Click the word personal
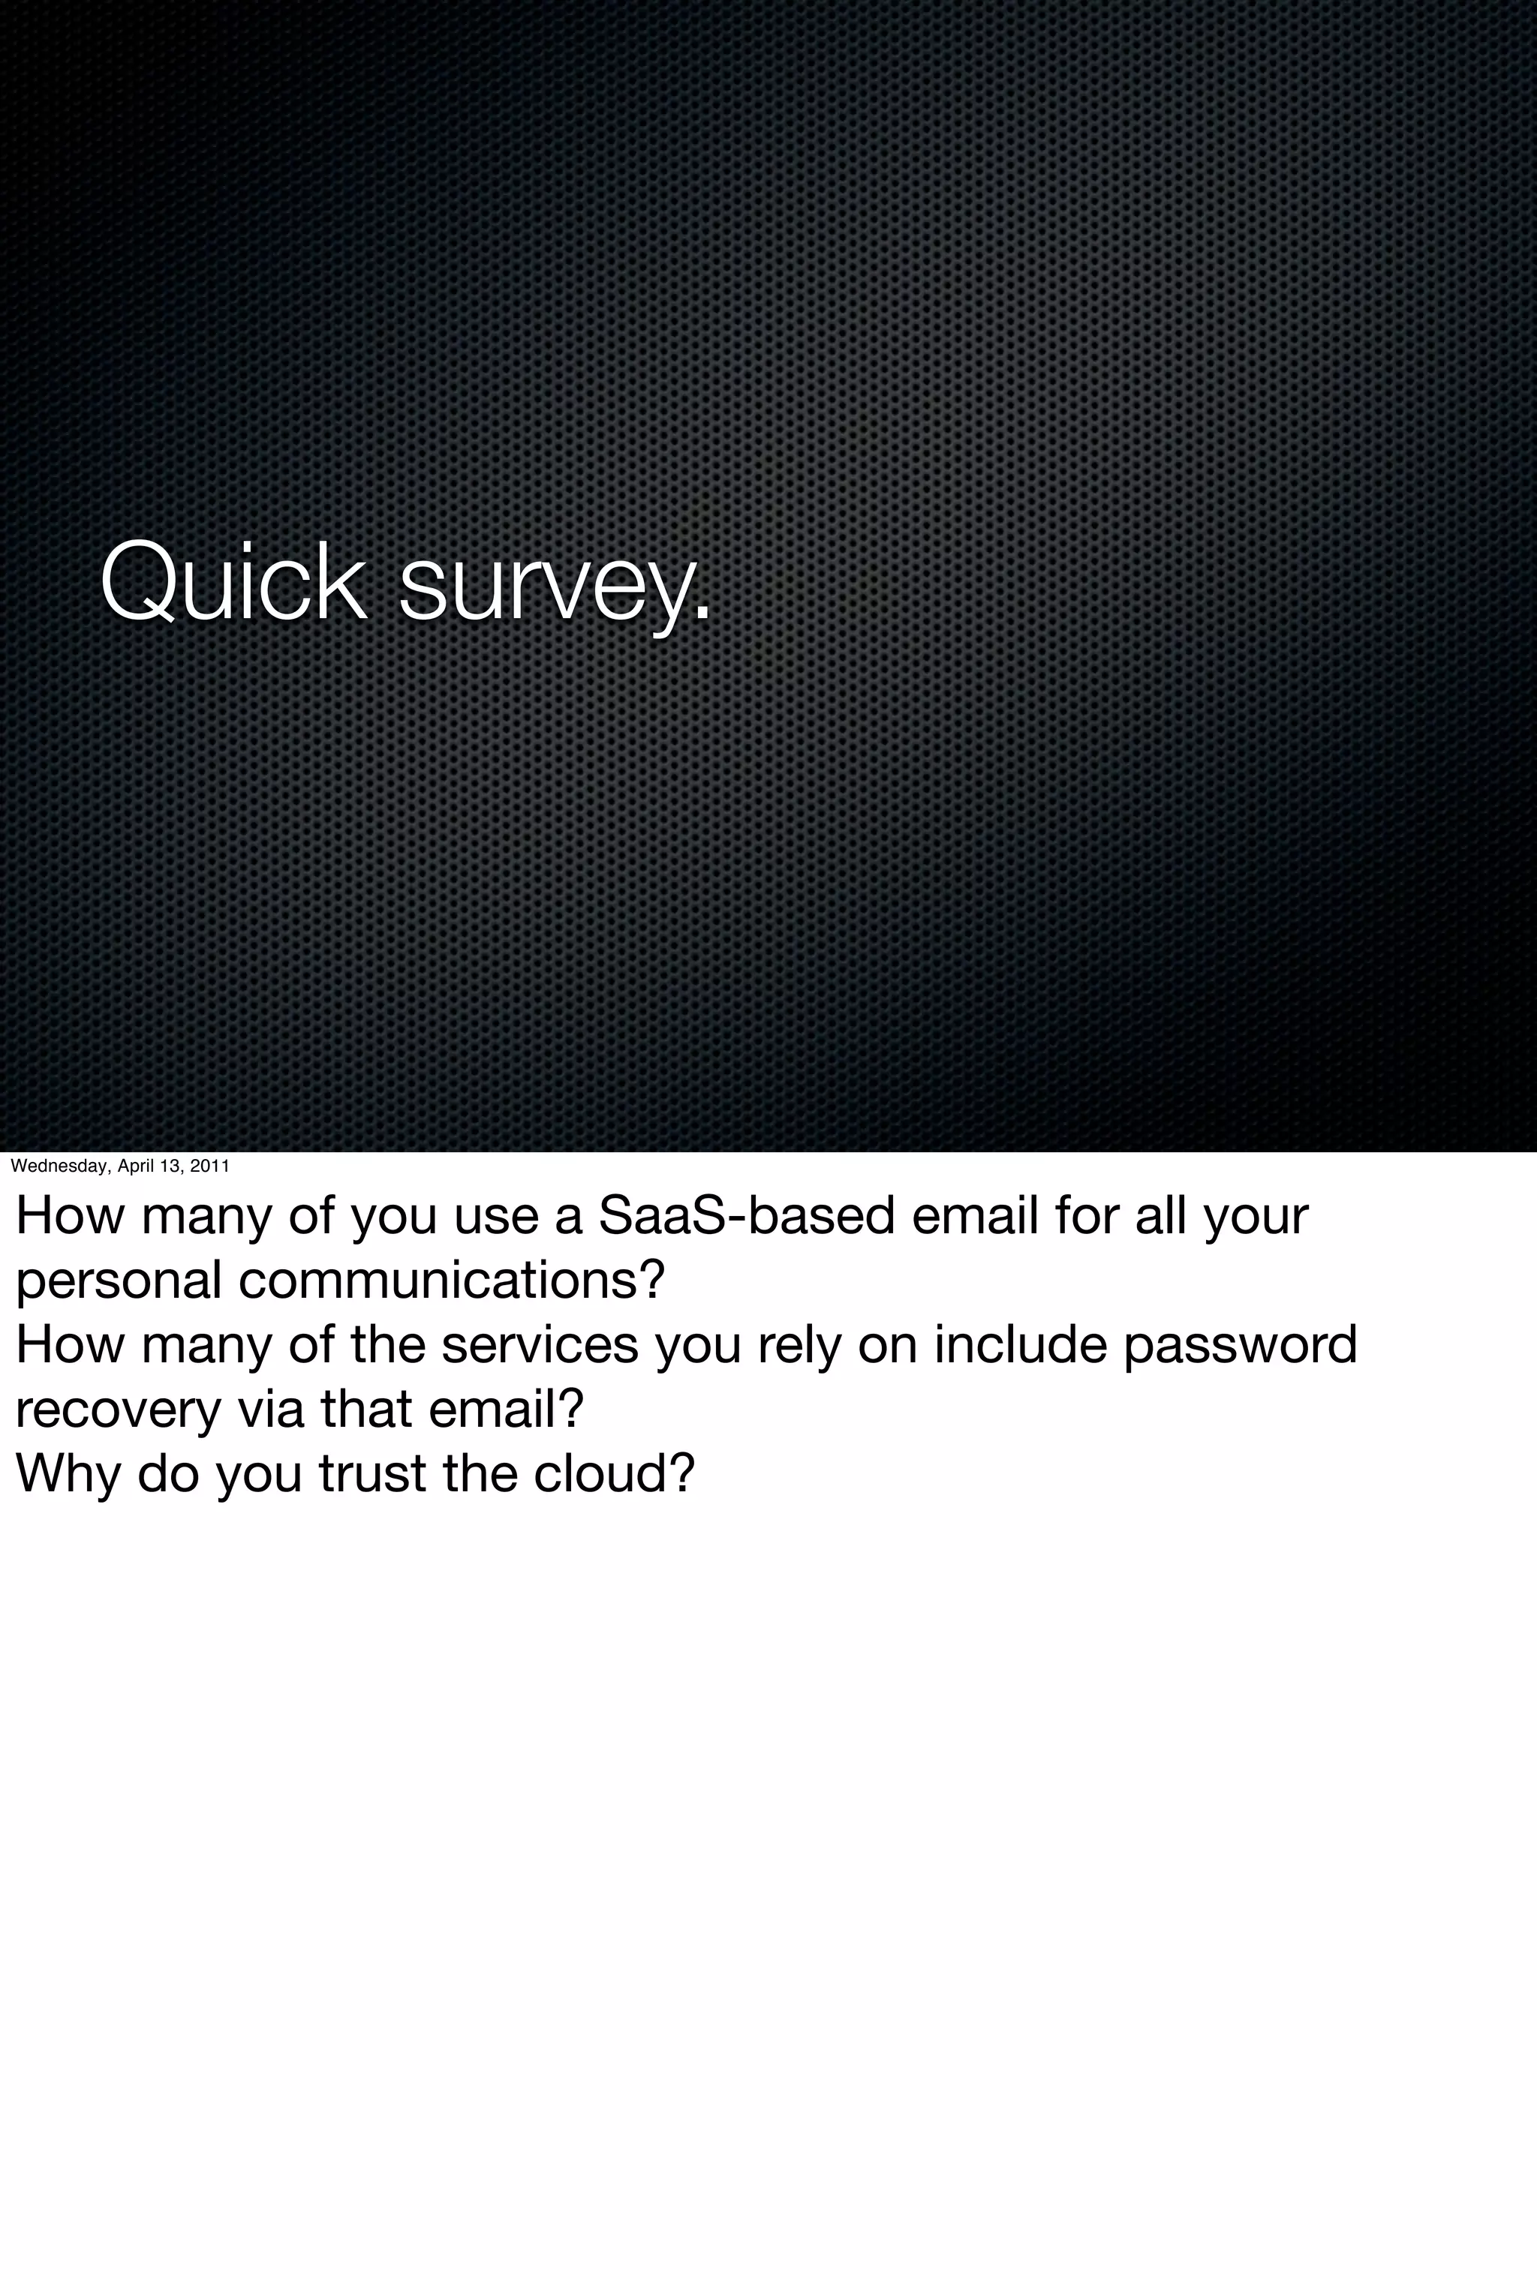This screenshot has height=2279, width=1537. click(x=119, y=1281)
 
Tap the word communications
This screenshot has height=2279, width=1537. click(x=452, y=1281)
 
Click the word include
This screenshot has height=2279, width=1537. click(x=1019, y=1344)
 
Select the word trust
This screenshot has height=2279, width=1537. click(x=372, y=1473)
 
